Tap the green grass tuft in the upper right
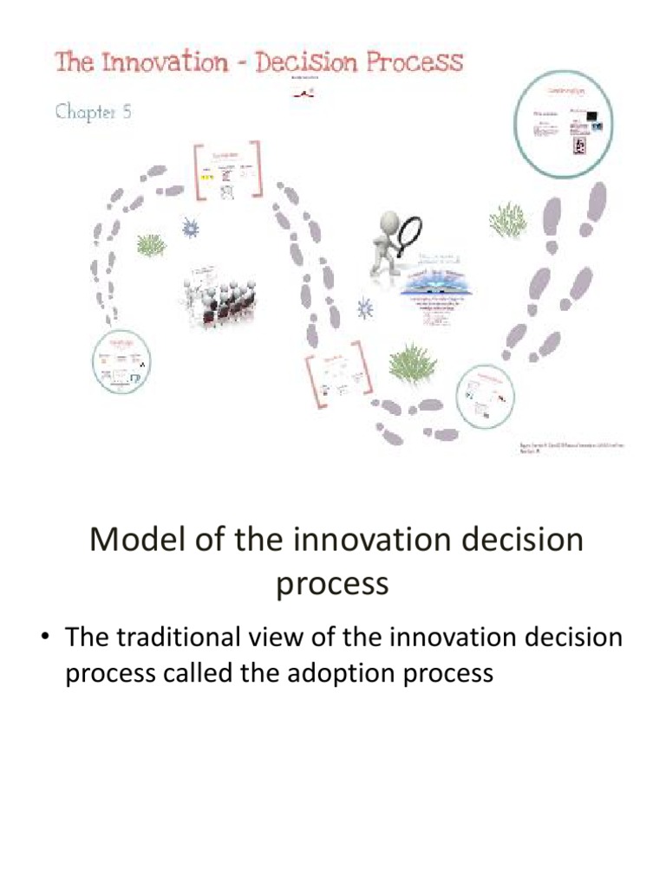tap(507, 220)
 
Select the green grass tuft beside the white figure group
tap(150, 245)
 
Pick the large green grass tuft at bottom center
tap(411, 361)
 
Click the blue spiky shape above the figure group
tap(189, 228)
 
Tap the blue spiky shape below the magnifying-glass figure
tap(365, 308)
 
